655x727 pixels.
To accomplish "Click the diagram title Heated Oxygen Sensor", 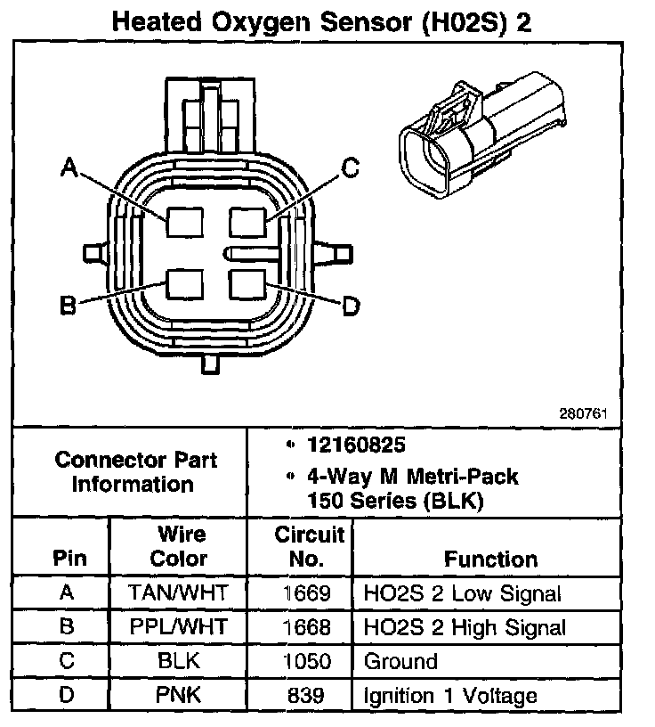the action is [321, 21].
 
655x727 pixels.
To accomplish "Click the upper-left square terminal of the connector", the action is [184, 220].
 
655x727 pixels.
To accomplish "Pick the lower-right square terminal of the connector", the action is [247, 283].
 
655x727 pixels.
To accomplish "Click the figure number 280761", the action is [583, 414].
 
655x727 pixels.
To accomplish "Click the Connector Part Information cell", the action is [135, 472].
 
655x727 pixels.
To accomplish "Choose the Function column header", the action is [490, 559].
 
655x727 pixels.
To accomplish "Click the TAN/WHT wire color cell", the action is [178, 592].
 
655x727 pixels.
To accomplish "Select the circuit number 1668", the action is [305, 627].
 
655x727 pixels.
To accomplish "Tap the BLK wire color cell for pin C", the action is [178, 661].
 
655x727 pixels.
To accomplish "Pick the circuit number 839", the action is [305, 696].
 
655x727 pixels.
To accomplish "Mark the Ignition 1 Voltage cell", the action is [450, 696].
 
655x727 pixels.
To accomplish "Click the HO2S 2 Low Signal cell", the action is [462, 592].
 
